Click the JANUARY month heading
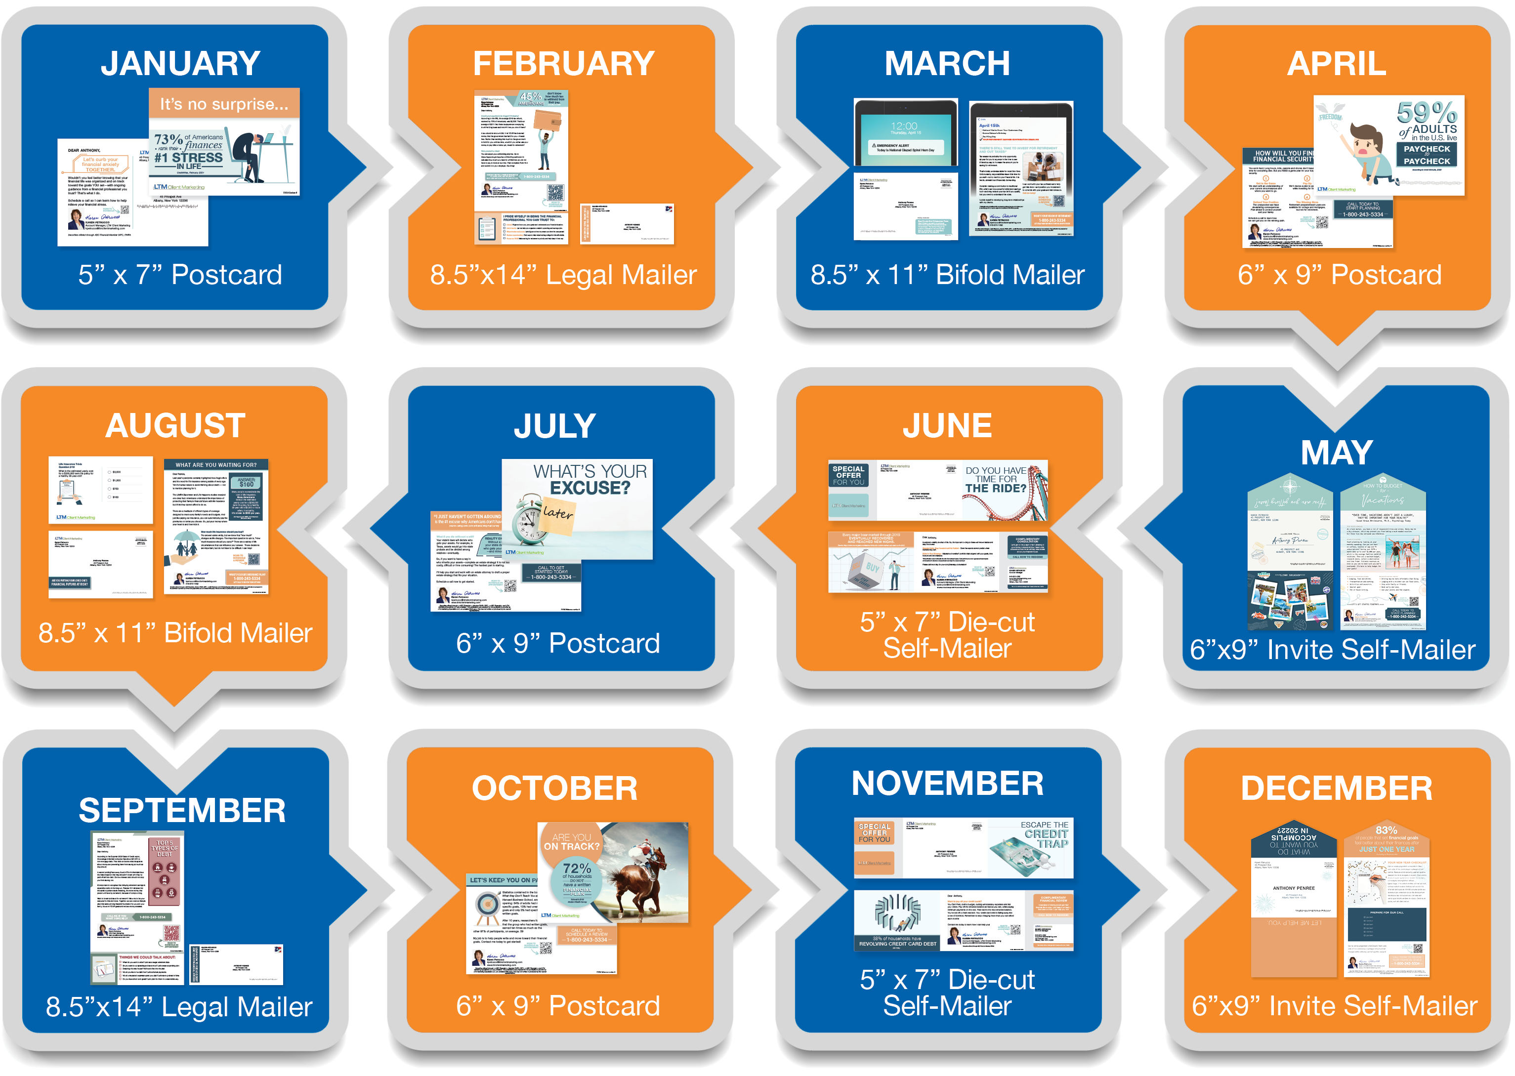(180, 64)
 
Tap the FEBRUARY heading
(563, 64)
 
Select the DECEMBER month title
(1336, 788)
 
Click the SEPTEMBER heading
(182, 810)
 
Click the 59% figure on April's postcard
(1426, 113)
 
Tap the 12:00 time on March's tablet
(904, 126)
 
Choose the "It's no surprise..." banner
(224, 104)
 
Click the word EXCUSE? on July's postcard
(590, 488)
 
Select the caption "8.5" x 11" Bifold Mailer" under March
(947, 275)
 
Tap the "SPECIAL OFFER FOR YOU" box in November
(874, 833)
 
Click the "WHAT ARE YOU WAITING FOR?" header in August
(216, 464)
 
